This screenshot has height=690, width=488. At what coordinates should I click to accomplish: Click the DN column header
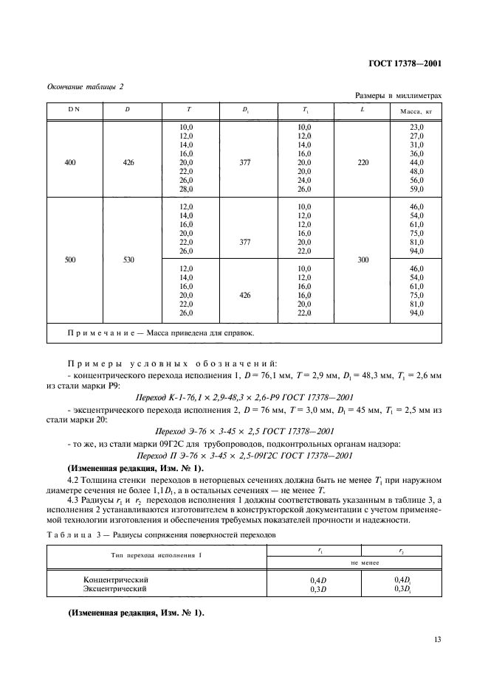pyautogui.click(x=75, y=111)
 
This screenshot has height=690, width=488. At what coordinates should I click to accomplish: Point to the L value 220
pyautogui.click(x=362, y=161)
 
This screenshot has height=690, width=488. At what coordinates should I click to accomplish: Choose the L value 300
pyautogui.click(x=362, y=259)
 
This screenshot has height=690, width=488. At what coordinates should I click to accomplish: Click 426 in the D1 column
pyautogui.click(x=246, y=295)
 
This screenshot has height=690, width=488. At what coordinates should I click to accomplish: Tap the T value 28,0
pyautogui.click(x=186, y=189)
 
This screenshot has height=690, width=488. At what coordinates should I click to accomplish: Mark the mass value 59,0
pyautogui.click(x=416, y=189)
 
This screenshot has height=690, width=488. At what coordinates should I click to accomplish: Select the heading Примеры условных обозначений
pyautogui.click(x=171, y=364)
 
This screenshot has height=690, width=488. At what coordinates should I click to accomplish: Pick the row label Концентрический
pyautogui.click(x=115, y=580)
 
